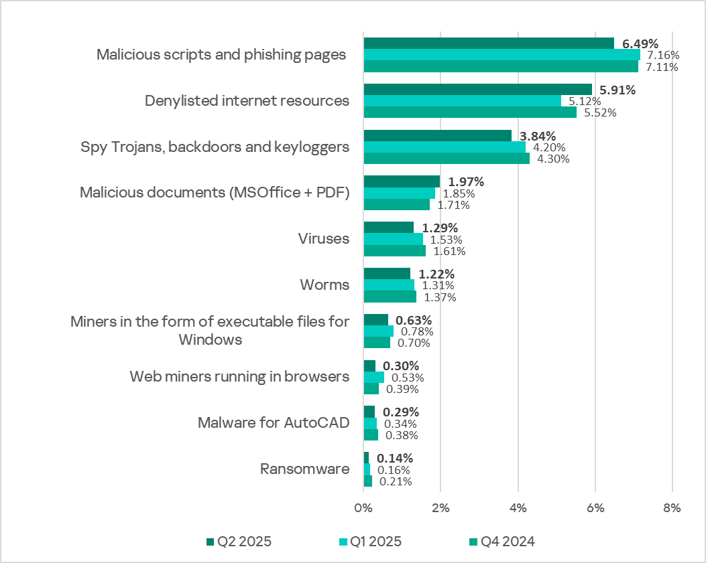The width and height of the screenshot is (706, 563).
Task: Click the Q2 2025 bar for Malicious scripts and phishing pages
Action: tap(489, 44)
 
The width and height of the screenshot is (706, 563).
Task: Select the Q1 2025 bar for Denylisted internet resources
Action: tap(463, 101)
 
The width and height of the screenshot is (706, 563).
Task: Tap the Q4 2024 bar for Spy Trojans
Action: tap(447, 159)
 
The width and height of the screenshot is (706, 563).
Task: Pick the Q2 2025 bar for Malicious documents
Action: tap(402, 181)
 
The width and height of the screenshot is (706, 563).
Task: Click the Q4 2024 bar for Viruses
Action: tap(394, 251)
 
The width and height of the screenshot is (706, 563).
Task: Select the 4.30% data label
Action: tap(551, 159)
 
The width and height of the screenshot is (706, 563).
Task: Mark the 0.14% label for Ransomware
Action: tap(394, 459)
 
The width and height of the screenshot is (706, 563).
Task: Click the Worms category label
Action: tap(325, 285)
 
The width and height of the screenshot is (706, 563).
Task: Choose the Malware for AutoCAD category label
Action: tap(273, 423)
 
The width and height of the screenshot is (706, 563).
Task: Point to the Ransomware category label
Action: tap(304, 469)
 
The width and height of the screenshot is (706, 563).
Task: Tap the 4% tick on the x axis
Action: tap(518, 507)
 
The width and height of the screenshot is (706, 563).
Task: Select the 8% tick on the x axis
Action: tap(672, 507)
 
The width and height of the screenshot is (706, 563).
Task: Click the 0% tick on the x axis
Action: tap(363, 507)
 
